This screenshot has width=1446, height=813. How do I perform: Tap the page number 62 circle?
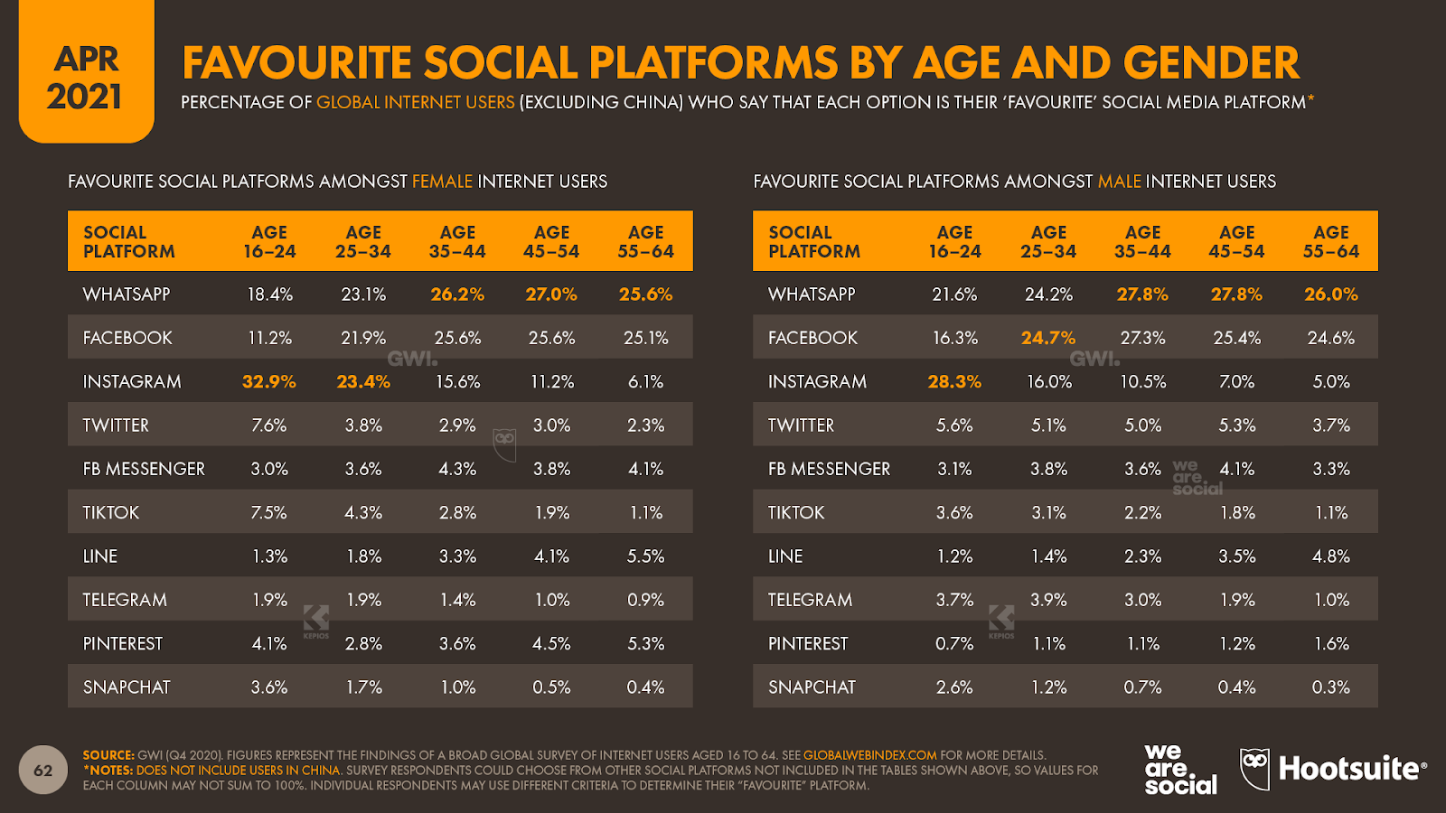(x=43, y=771)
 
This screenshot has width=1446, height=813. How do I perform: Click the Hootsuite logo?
(x=1333, y=770)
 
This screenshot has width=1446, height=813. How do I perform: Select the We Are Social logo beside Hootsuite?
(x=1179, y=770)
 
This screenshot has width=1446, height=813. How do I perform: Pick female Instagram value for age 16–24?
(x=269, y=382)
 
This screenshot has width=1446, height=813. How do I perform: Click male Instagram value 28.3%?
(x=954, y=382)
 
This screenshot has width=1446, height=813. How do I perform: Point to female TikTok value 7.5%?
(x=269, y=513)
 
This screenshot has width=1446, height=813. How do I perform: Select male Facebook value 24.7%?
(x=1048, y=338)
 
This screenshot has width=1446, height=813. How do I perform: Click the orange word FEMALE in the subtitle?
(x=442, y=182)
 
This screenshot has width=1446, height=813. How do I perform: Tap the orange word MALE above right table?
(x=1119, y=182)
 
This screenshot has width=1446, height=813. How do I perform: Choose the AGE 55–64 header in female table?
(x=646, y=242)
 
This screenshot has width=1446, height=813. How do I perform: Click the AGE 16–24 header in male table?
(x=954, y=242)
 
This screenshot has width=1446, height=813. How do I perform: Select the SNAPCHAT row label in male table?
(x=812, y=687)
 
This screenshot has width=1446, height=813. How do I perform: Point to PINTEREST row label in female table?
(x=123, y=644)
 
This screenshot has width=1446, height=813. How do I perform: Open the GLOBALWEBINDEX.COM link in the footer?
(x=869, y=755)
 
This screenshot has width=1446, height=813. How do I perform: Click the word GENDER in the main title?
(x=1211, y=63)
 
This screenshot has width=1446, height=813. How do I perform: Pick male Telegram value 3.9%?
(x=1048, y=600)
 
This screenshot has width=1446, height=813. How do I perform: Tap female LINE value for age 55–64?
(x=646, y=556)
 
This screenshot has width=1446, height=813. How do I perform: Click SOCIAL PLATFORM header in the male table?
(x=813, y=242)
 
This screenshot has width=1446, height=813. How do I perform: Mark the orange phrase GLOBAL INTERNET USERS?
(x=415, y=103)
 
